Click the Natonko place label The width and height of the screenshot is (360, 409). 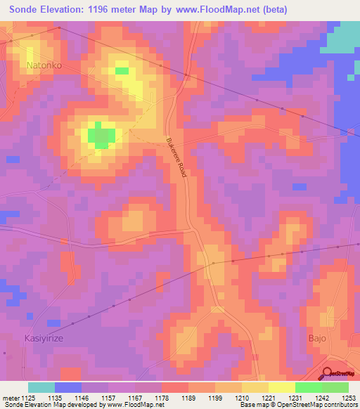click(44, 65)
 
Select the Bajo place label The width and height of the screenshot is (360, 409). click(318, 338)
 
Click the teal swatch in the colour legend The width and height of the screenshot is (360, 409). click(41, 387)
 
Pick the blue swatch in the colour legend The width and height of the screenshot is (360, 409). click(68, 387)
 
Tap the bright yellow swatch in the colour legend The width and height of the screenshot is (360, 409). click(281, 387)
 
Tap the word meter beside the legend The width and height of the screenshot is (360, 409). click(10, 398)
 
